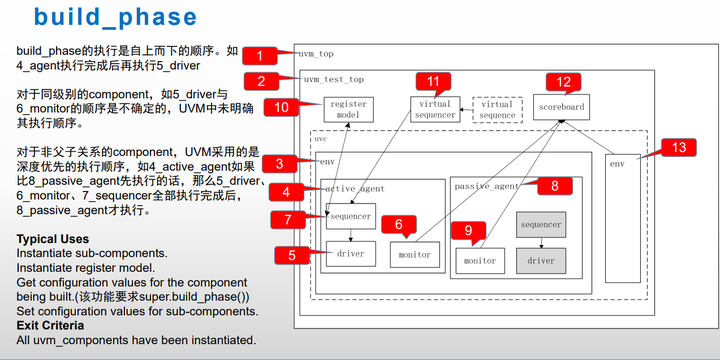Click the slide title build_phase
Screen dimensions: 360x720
115,18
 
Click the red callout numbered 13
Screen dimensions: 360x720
678,147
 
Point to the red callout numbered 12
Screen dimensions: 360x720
563,82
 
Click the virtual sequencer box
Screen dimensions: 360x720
435,108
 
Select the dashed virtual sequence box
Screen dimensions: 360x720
497,109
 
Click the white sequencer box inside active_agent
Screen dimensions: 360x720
351,215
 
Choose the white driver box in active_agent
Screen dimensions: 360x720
351,253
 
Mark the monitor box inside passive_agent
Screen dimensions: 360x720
481,260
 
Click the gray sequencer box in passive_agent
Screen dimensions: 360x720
541,224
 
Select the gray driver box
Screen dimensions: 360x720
541,260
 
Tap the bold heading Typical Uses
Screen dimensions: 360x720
52,240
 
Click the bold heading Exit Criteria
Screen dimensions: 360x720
50,325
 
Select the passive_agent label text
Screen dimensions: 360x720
486,186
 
